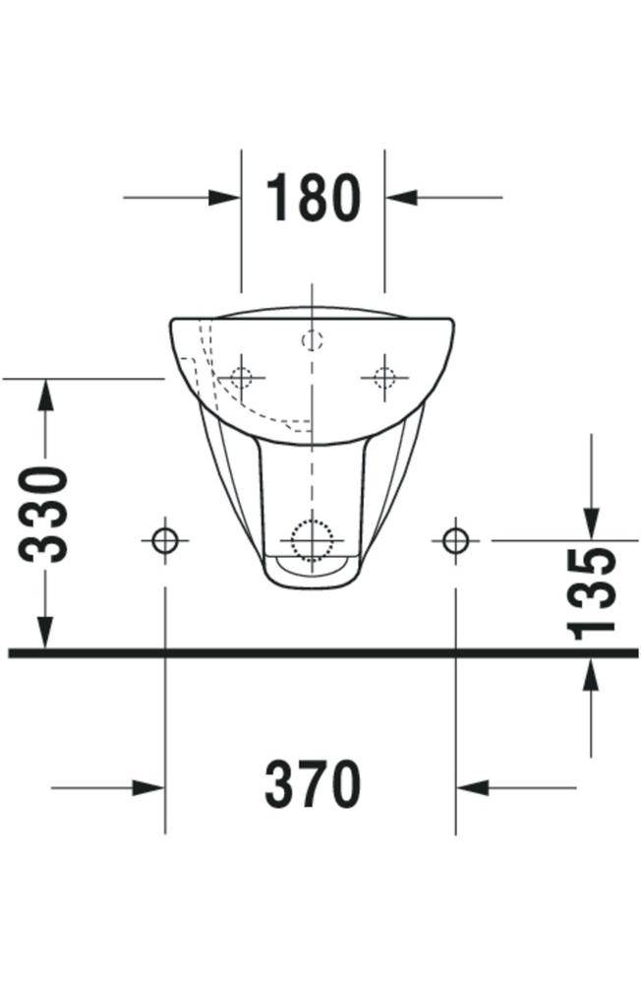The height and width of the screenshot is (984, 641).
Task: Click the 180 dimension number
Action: (313, 198)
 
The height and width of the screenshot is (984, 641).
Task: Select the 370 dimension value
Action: (313, 786)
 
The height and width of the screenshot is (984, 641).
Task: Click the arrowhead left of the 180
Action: (225, 197)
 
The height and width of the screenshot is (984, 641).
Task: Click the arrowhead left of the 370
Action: (148, 787)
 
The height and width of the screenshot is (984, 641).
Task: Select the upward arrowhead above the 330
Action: (45, 395)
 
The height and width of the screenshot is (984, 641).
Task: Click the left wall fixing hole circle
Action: (164, 539)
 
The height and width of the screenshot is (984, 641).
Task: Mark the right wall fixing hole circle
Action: (454, 539)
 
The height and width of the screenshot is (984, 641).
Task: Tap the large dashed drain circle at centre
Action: (312, 540)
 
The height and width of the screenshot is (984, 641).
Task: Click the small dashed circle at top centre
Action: (312, 340)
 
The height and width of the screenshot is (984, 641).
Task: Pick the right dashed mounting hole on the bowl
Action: (383, 376)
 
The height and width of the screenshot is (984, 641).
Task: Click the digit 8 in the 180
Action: (313, 198)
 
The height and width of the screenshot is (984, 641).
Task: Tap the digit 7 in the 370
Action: (313, 786)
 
